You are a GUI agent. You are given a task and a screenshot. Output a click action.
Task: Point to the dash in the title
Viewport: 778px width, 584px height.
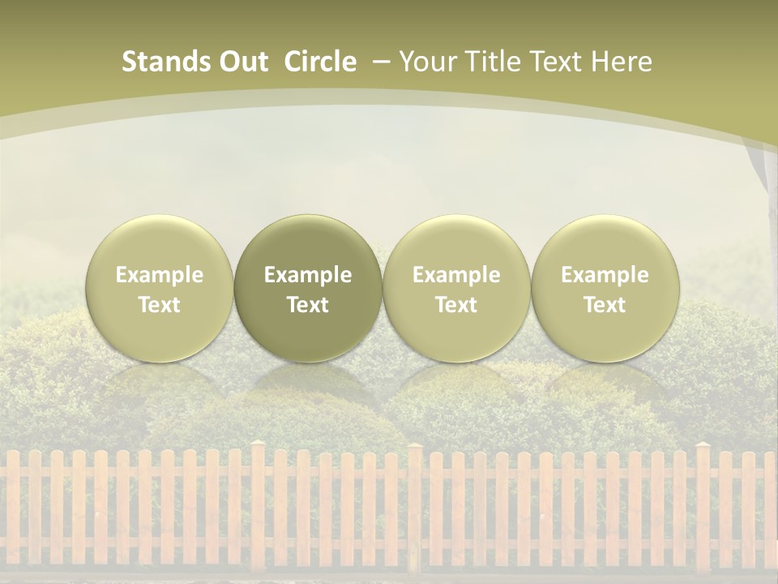click(x=378, y=62)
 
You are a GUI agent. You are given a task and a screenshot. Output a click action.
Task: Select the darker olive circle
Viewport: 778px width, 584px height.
click(x=308, y=288)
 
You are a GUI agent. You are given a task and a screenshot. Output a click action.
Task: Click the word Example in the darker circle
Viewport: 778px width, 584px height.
click(x=308, y=275)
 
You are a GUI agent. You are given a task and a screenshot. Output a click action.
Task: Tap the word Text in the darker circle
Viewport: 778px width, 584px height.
click(x=308, y=305)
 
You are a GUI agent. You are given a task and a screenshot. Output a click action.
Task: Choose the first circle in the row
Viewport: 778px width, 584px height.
click(x=160, y=288)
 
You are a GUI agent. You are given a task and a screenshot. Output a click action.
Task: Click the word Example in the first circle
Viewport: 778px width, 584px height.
click(x=160, y=275)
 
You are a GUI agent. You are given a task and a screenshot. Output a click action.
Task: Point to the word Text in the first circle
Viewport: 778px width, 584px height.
click(x=160, y=305)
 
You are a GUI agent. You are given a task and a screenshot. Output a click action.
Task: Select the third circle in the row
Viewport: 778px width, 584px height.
click(x=456, y=288)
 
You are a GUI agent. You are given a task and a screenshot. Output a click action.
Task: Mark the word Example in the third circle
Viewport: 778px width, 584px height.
click(x=456, y=275)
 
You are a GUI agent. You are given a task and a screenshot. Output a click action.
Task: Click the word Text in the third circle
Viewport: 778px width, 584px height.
click(x=456, y=305)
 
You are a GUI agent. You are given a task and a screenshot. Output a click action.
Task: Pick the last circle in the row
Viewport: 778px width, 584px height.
click(x=605, y=288)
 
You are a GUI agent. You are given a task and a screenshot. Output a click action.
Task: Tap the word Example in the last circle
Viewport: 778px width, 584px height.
click(x=605, y=275)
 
